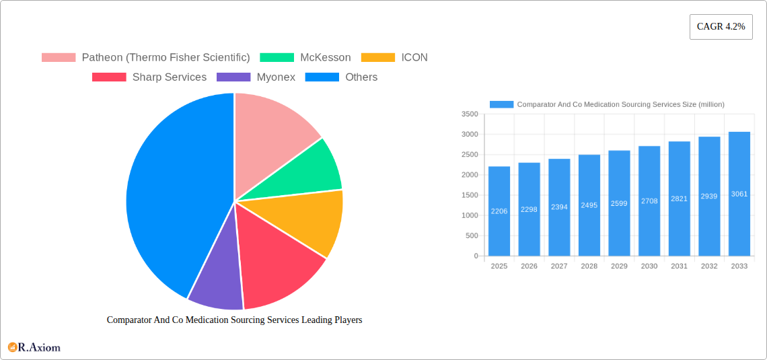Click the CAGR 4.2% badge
721,26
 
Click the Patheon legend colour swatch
59,58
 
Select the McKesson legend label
325,58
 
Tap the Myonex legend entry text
276,77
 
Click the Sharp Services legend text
169,77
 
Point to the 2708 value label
649,201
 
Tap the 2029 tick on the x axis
619,266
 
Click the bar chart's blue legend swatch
501,104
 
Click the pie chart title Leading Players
234,320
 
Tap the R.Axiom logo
34,347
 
